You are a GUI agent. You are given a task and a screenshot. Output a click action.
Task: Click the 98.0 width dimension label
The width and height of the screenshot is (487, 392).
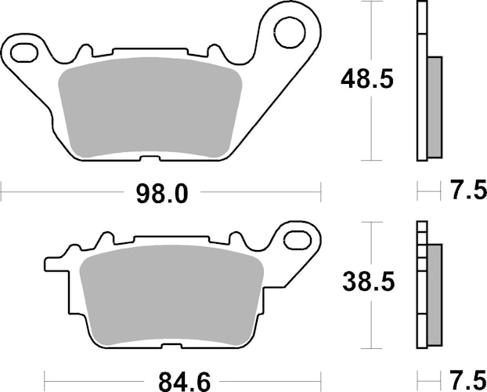(162, 194)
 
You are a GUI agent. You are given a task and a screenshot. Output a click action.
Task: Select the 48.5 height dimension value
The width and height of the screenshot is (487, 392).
(366, 79)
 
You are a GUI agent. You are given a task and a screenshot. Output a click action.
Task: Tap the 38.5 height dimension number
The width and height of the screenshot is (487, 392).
(368, 281)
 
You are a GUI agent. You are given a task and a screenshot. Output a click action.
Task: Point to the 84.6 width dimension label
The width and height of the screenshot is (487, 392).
(185, 382)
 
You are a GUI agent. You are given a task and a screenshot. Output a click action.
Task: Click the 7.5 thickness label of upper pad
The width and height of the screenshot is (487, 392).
(469, 190)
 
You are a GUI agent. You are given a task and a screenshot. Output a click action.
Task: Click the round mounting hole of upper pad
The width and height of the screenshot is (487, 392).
(290, 33)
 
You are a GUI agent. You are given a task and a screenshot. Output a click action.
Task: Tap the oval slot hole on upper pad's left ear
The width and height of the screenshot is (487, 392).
(24, 53)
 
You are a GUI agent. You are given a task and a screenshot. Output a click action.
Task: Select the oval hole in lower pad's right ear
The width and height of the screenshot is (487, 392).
(298, 240)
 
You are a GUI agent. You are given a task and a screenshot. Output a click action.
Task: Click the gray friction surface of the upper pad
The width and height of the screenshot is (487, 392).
(150, 107)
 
